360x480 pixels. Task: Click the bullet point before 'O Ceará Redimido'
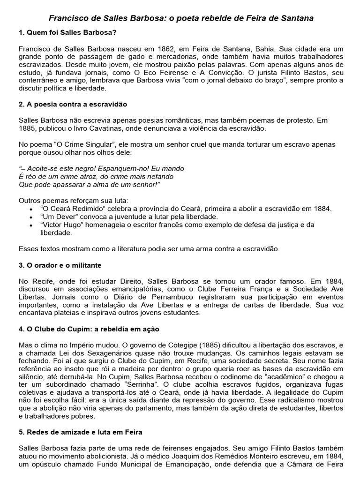(31, 209)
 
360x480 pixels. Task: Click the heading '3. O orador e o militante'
(60, 265)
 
